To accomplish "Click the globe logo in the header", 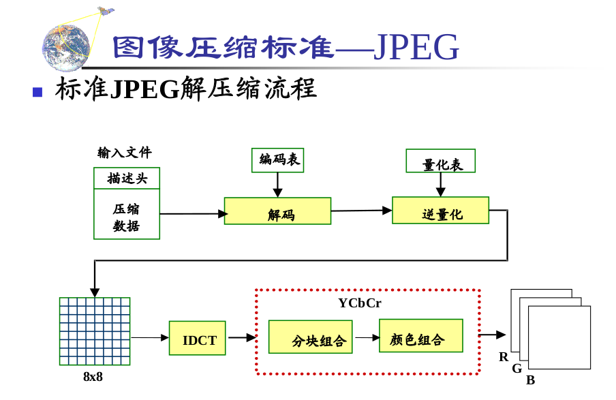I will pos(65,48).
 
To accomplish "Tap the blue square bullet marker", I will pos(37,92).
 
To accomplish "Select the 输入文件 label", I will pos(124,153).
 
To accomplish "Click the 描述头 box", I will pos(127,179).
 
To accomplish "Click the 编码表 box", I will pos(277,160).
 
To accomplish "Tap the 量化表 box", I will pos(440,161).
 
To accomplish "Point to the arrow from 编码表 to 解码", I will pos(277,185).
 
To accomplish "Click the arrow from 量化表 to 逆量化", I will pos(440,184).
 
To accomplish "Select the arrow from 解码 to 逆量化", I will pos(361,211).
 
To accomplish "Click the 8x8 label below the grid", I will pos(93,376).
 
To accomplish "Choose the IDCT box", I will pos(198,338).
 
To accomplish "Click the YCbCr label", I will pos(360,303).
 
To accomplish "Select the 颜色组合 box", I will pos(420,336).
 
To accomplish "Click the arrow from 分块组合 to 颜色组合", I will pos(366,337).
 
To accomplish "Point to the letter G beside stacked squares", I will pos(517,368).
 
